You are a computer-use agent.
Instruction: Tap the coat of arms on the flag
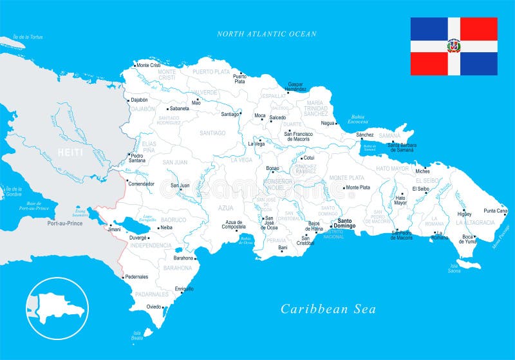454,46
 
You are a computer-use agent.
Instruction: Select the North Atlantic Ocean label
267,34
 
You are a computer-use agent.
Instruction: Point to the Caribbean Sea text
328,310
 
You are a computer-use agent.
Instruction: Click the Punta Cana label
495,211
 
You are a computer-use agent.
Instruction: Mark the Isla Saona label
455,269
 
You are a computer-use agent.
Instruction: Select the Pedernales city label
136,277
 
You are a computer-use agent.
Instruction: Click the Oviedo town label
154,307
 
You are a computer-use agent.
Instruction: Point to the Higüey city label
464,214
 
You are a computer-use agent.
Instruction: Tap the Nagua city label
328,122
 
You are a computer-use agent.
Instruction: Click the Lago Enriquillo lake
140,225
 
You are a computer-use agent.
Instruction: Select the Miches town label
422,171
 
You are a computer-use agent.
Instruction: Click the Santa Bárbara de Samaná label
402,147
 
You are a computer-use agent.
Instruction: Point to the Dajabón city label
139,100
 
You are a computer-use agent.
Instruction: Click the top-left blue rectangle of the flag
429,28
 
